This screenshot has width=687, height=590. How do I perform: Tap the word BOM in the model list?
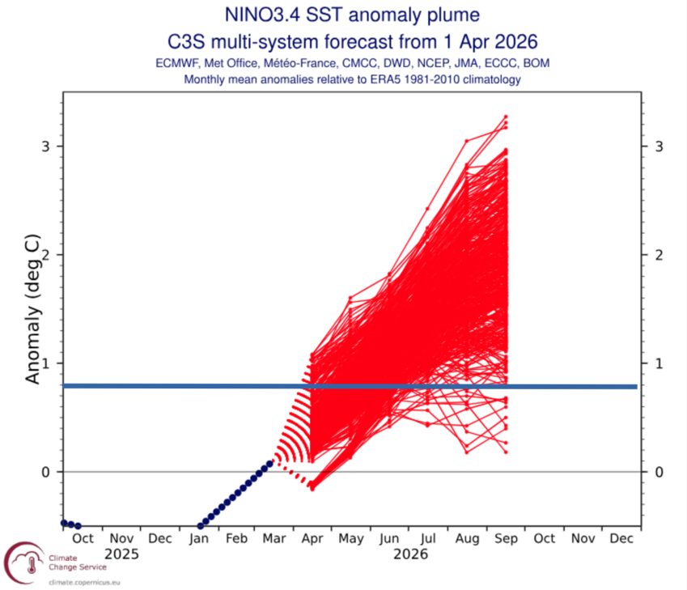[537, 63]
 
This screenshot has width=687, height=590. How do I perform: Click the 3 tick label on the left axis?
[46, 146]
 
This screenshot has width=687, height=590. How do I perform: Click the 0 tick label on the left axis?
[46, 472]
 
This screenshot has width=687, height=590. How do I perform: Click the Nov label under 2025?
[121, 538]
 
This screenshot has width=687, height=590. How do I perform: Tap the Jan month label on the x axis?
[198, 538]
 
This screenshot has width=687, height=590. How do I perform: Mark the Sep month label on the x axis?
[506, 538]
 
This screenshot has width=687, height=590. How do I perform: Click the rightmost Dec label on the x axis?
[621, 538]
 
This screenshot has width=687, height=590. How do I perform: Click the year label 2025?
[121, 555]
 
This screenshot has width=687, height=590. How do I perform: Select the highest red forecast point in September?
[506, 117]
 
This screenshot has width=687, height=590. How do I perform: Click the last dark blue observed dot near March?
[269, 464]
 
